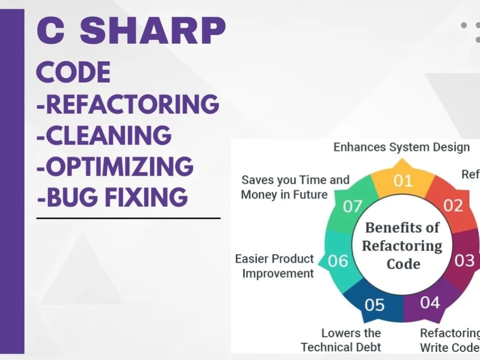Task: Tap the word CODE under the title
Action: tap(73, 73)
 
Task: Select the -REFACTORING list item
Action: tap(128, 104)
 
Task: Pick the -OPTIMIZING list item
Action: tap(115, 166)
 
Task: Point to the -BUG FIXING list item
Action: tap(112, 197)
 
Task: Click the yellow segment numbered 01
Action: tap(403, 180)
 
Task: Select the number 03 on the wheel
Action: tap(464, 261)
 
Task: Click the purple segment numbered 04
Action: tap(430, 302)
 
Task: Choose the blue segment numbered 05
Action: tap(374, 304)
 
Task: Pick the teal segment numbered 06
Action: tap(338, 261)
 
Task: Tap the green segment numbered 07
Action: tap(352, 206)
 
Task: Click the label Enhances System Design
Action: tap(401, 147)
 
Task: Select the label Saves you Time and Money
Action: tap(295, 187)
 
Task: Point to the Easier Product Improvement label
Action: tap(275, 266)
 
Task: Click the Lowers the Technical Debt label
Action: tap(341, 340)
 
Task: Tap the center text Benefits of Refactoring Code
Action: tap(402, 245)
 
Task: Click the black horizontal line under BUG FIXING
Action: tap(128, 218)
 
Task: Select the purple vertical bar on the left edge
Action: tap(12, 182)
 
